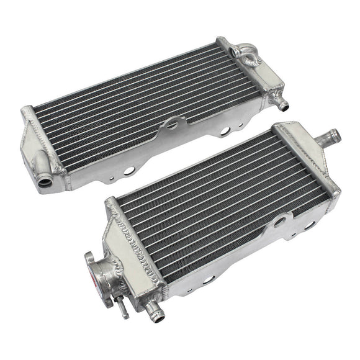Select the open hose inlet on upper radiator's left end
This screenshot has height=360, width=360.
click(x=45, y=181)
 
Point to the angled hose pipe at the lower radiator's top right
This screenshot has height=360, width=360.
click(x=328, y=136)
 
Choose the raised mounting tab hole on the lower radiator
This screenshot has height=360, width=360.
click(x=281, y=220)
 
